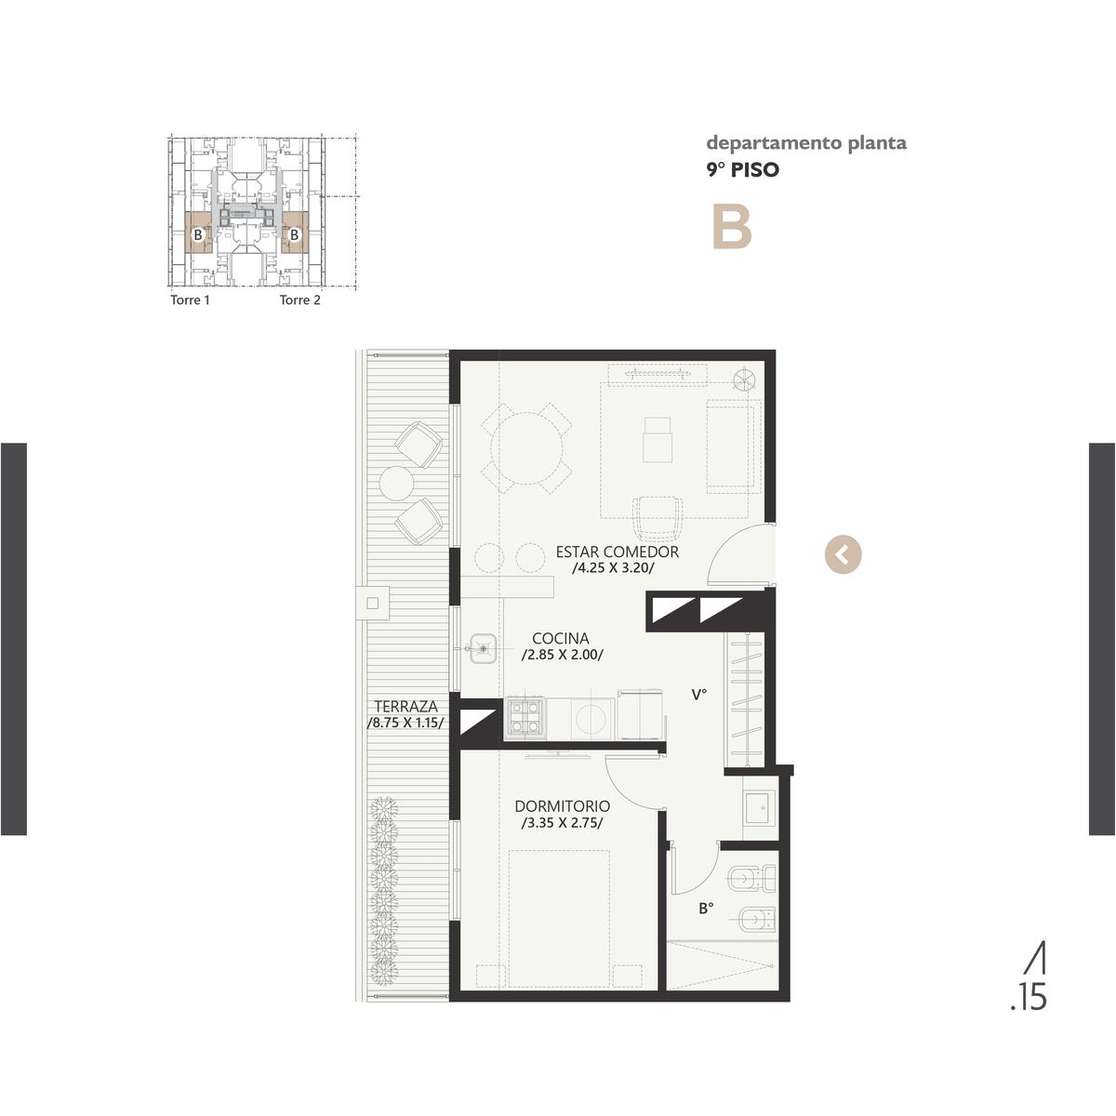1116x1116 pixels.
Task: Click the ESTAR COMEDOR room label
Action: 617,551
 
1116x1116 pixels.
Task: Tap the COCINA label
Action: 560,638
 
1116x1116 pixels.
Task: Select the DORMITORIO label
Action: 562,806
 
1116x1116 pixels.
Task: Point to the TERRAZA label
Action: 405,707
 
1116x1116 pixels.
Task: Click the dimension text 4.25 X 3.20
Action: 613,567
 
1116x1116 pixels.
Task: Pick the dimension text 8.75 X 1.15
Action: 405,723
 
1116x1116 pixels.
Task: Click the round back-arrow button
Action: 843,555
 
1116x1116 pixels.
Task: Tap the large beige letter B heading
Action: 732,228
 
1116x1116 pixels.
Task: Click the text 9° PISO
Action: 742,169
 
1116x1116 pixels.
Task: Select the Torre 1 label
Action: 190,300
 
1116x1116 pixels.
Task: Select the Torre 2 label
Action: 300,300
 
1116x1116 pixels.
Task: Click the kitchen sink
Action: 483,648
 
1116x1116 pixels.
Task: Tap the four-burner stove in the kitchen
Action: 525,718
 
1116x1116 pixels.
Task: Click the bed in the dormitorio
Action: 559,919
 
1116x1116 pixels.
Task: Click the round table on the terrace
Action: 396,483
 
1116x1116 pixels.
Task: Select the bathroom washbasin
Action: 760,808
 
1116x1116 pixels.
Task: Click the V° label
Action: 699,695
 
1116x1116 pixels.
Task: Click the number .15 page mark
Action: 1029,997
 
